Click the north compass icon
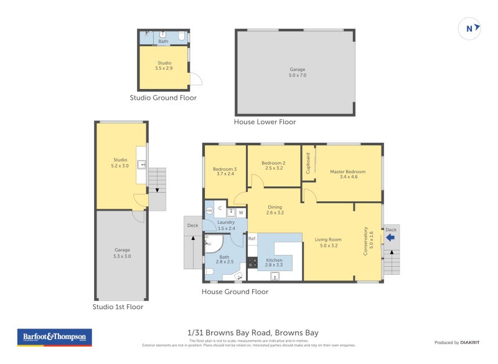470,28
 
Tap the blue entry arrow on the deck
390,237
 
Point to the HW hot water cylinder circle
209,211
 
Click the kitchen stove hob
253,261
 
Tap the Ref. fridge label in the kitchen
252,239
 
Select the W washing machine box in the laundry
240,212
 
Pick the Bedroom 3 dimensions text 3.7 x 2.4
225,175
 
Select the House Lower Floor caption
265,122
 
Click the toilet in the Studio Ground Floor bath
181,36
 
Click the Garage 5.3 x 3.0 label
122,253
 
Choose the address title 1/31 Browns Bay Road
253,333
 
